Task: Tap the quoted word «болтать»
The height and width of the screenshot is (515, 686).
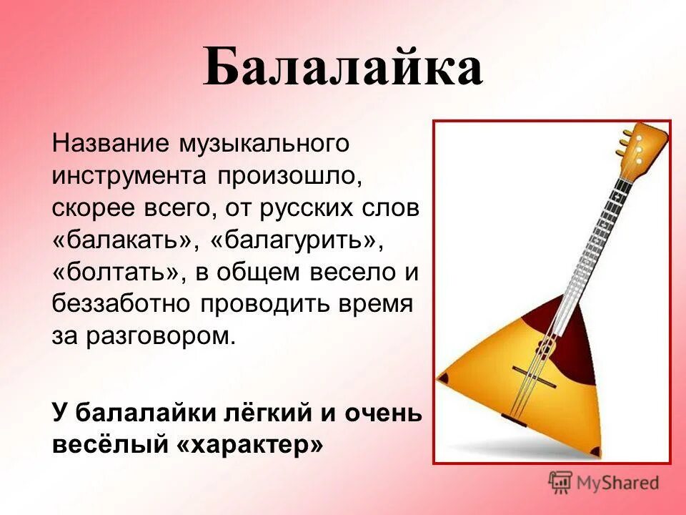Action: point(111,273)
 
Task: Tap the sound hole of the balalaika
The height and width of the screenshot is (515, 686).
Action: point(545,349)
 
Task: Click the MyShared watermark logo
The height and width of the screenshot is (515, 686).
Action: point(604,482)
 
